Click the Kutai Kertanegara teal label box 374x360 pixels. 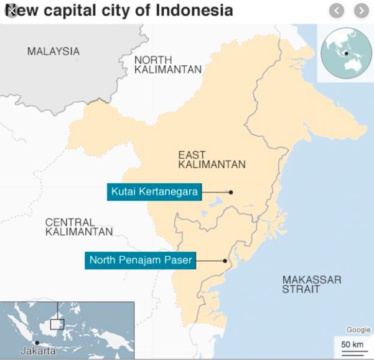tap(154, 192)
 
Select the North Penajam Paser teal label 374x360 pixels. tap(141, 260)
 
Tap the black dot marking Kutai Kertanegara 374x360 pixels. tap(231, 192)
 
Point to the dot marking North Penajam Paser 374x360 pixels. tap(225, 260)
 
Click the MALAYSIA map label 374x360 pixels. tap(54, 51)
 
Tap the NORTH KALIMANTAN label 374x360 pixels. tap(168, 64)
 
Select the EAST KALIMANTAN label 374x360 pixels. tap(212, 159)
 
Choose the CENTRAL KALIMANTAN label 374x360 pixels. tap(79, 227)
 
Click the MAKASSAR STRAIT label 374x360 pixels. tap(311, 285)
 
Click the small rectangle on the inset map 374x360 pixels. tap(57, 324)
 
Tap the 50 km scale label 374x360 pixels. tap(352, 344)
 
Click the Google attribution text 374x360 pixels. tap(358, 330)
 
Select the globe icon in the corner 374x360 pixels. tap(345, 53)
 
